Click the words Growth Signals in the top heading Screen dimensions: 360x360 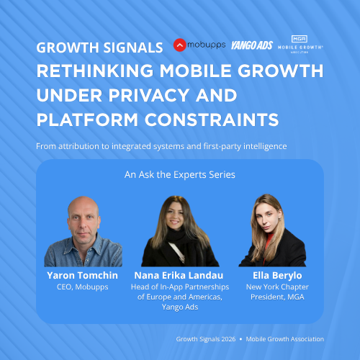pos(99,49)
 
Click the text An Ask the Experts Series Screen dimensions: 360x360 pos(179,174)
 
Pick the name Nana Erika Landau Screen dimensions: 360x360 pos(179,275)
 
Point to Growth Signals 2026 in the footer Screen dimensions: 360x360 pos(207,338)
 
